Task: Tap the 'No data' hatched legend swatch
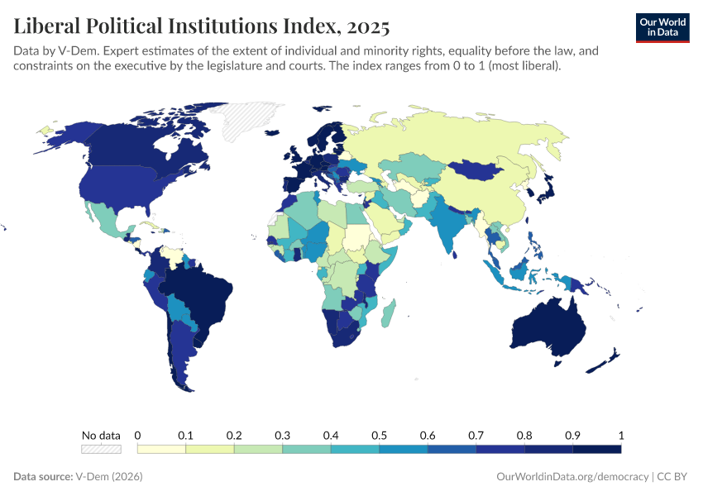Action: pyautogui.click(x=101, y=449)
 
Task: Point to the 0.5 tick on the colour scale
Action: pyautogui.click(x=379, y=436)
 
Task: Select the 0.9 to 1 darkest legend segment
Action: pyautogui.click(x=596, y=449)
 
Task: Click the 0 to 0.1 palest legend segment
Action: pyautogui.click(x=161, y=449)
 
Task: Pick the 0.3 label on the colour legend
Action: pyautogui.click(x=282, y=436)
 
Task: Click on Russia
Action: pyautogui.click(x=447, y=141)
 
